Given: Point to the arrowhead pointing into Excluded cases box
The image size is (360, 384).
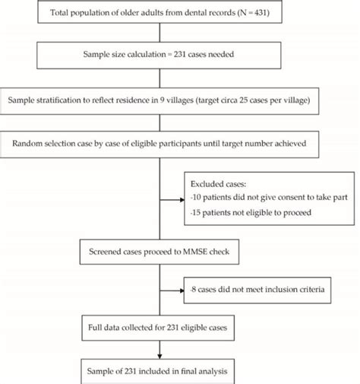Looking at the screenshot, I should click(183, 201).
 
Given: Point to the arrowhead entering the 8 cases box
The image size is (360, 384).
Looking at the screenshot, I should click(183, 290).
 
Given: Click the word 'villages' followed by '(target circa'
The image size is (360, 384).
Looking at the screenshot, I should click(179, 99).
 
